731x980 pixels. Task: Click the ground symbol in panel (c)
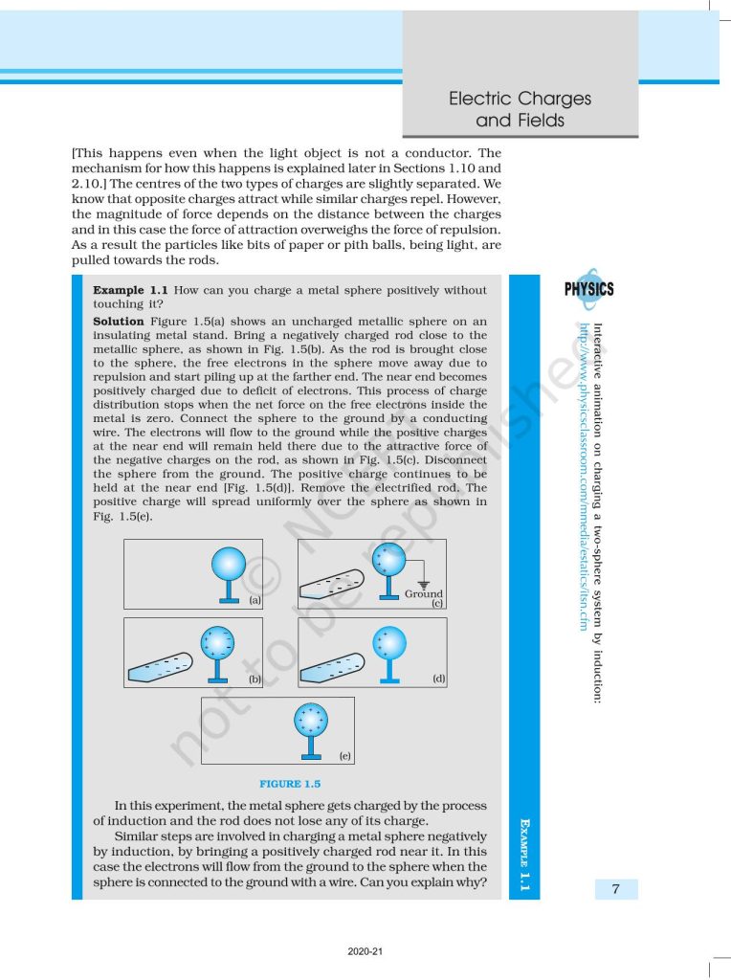coord(423,583)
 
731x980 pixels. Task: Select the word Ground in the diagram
coord(423,593)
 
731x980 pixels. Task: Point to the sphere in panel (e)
coord(312,719)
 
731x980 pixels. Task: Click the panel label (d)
coord(438,678)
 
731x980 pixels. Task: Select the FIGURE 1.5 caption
coord(290,785)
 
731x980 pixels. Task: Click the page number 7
coord(616,890)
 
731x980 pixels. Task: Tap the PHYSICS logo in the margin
coord(589,289)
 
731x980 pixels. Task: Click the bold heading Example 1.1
coord(130,290)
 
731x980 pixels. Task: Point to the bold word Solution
coord(120,321)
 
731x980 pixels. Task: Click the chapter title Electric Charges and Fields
coord(520,110)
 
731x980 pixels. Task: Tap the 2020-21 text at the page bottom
coord(365,951)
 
